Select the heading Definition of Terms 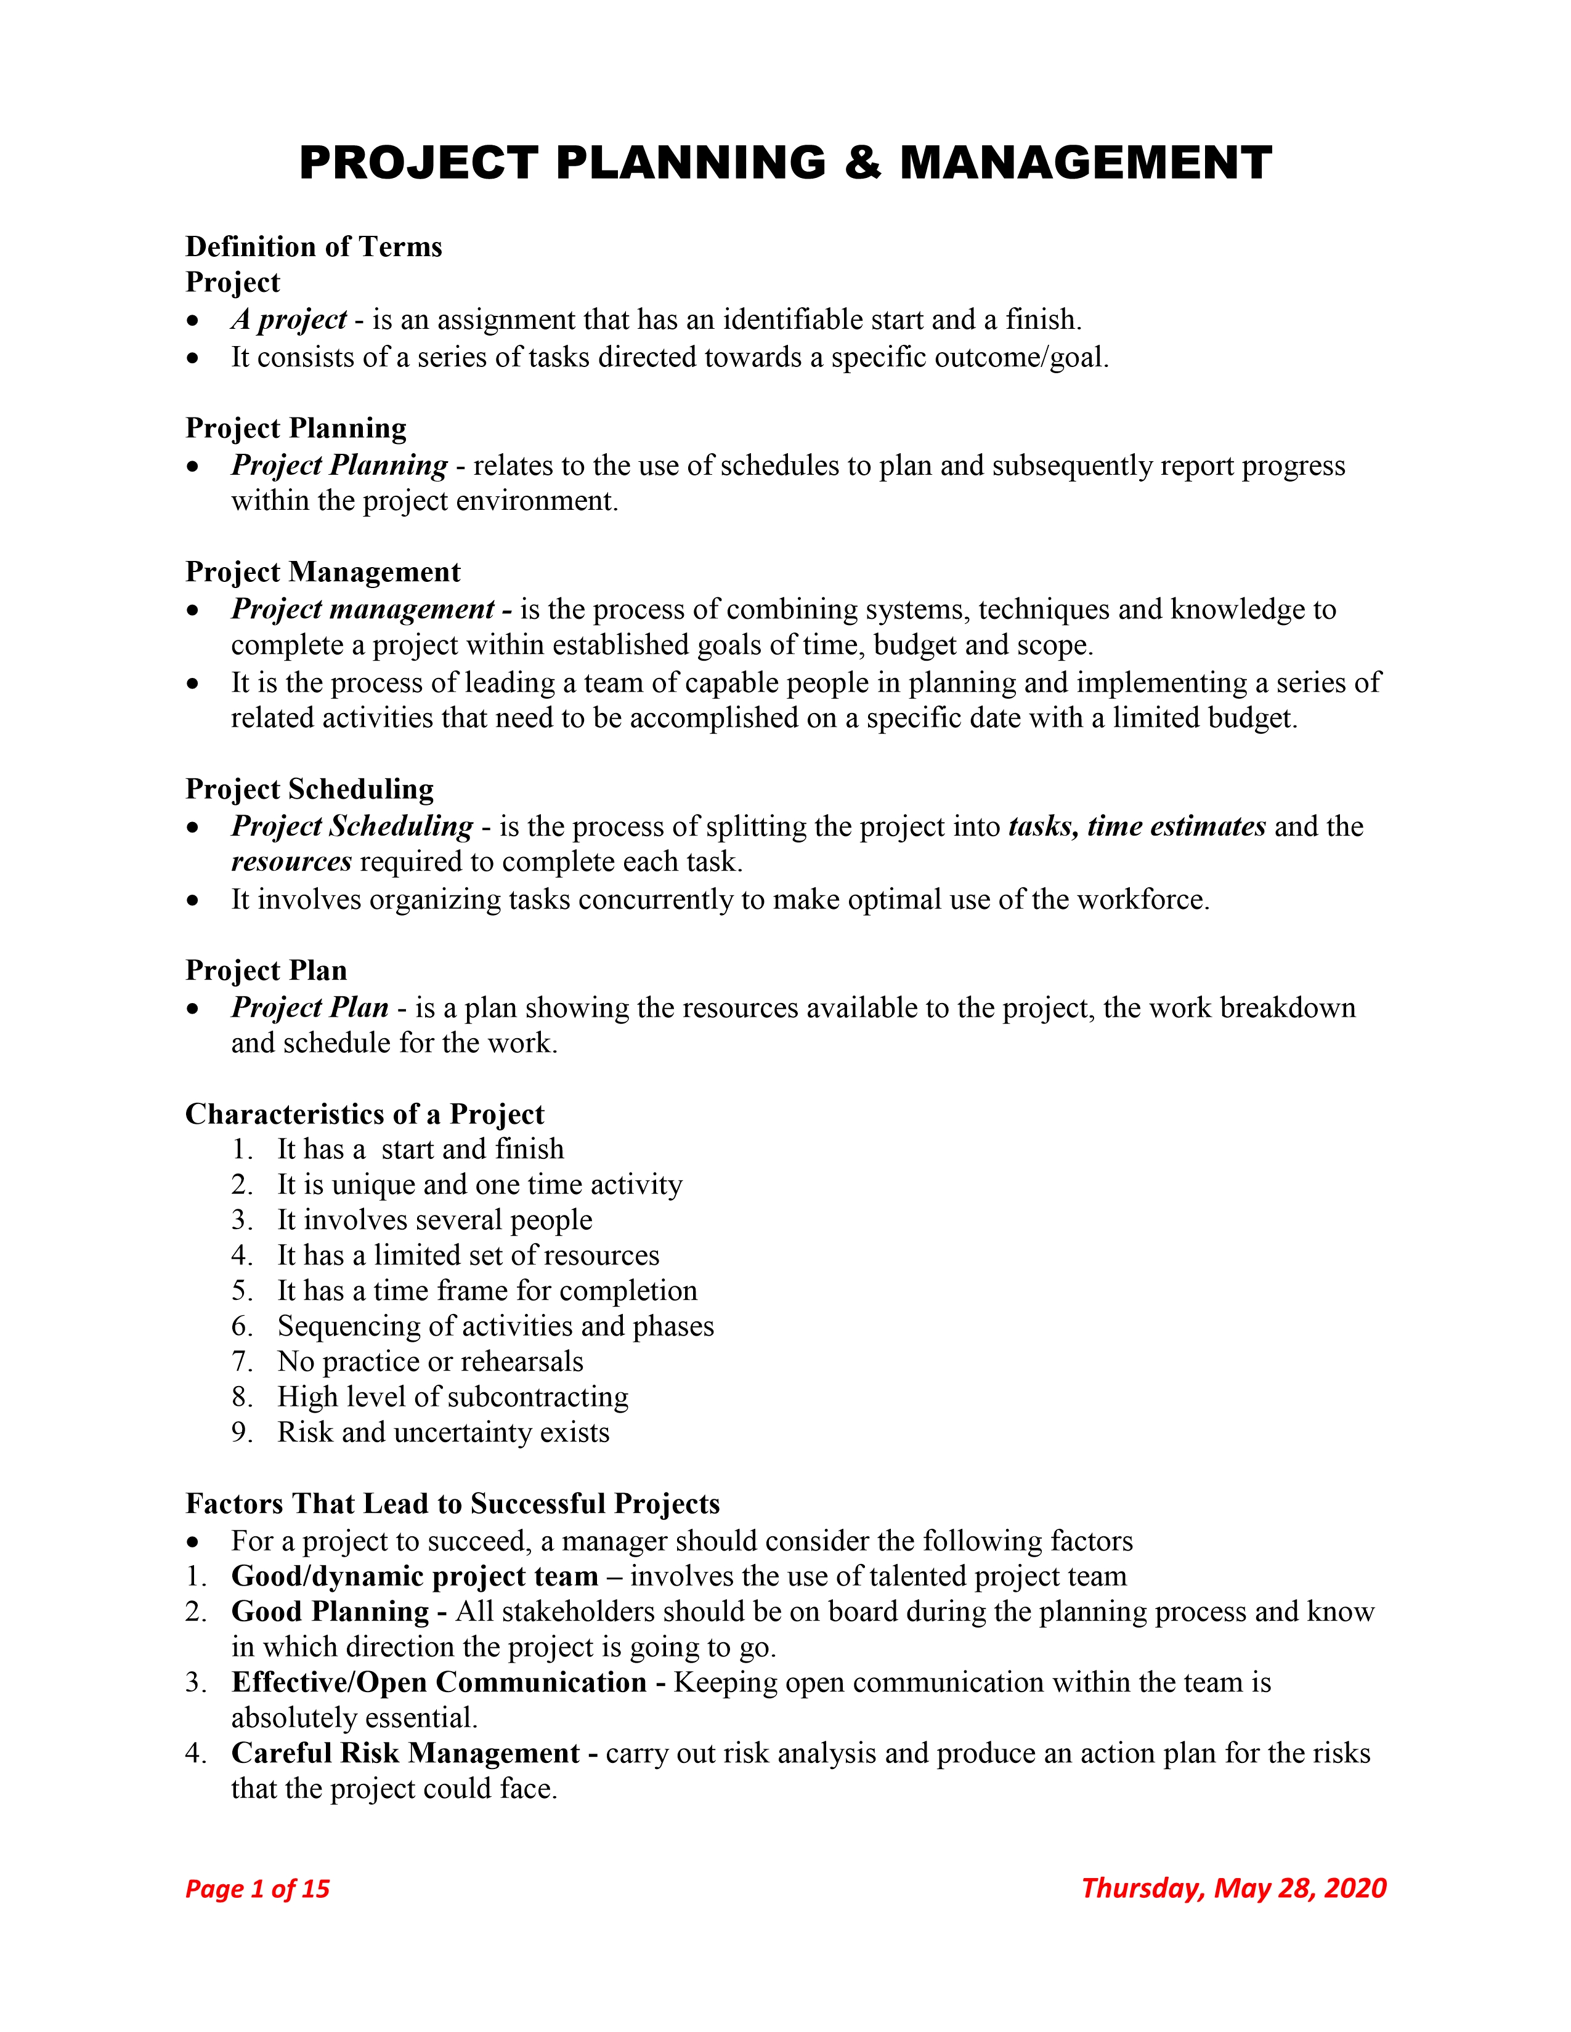pyautogui.click(x=314, y=246)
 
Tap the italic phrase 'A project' pyautogui.click(x=288, y=320)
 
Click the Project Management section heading pyautogui.click(x=323, y=572)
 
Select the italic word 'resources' pyautogui.click(x=291, y=861)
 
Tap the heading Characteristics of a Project pyautogui.click(x=364, y=1114)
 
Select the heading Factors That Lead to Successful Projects pyautogui.click(x=452, y=1504)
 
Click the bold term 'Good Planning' pyautogui.click(x=330, y=1611)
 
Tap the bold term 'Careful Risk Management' pyautogui.click(x=406, y=1753)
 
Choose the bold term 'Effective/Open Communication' pyautogui.click(x=439, y=1682)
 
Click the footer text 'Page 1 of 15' pyautogui.click(x=258, y=1889)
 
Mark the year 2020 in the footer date pyautogui.click(x=1355, y=1888)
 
